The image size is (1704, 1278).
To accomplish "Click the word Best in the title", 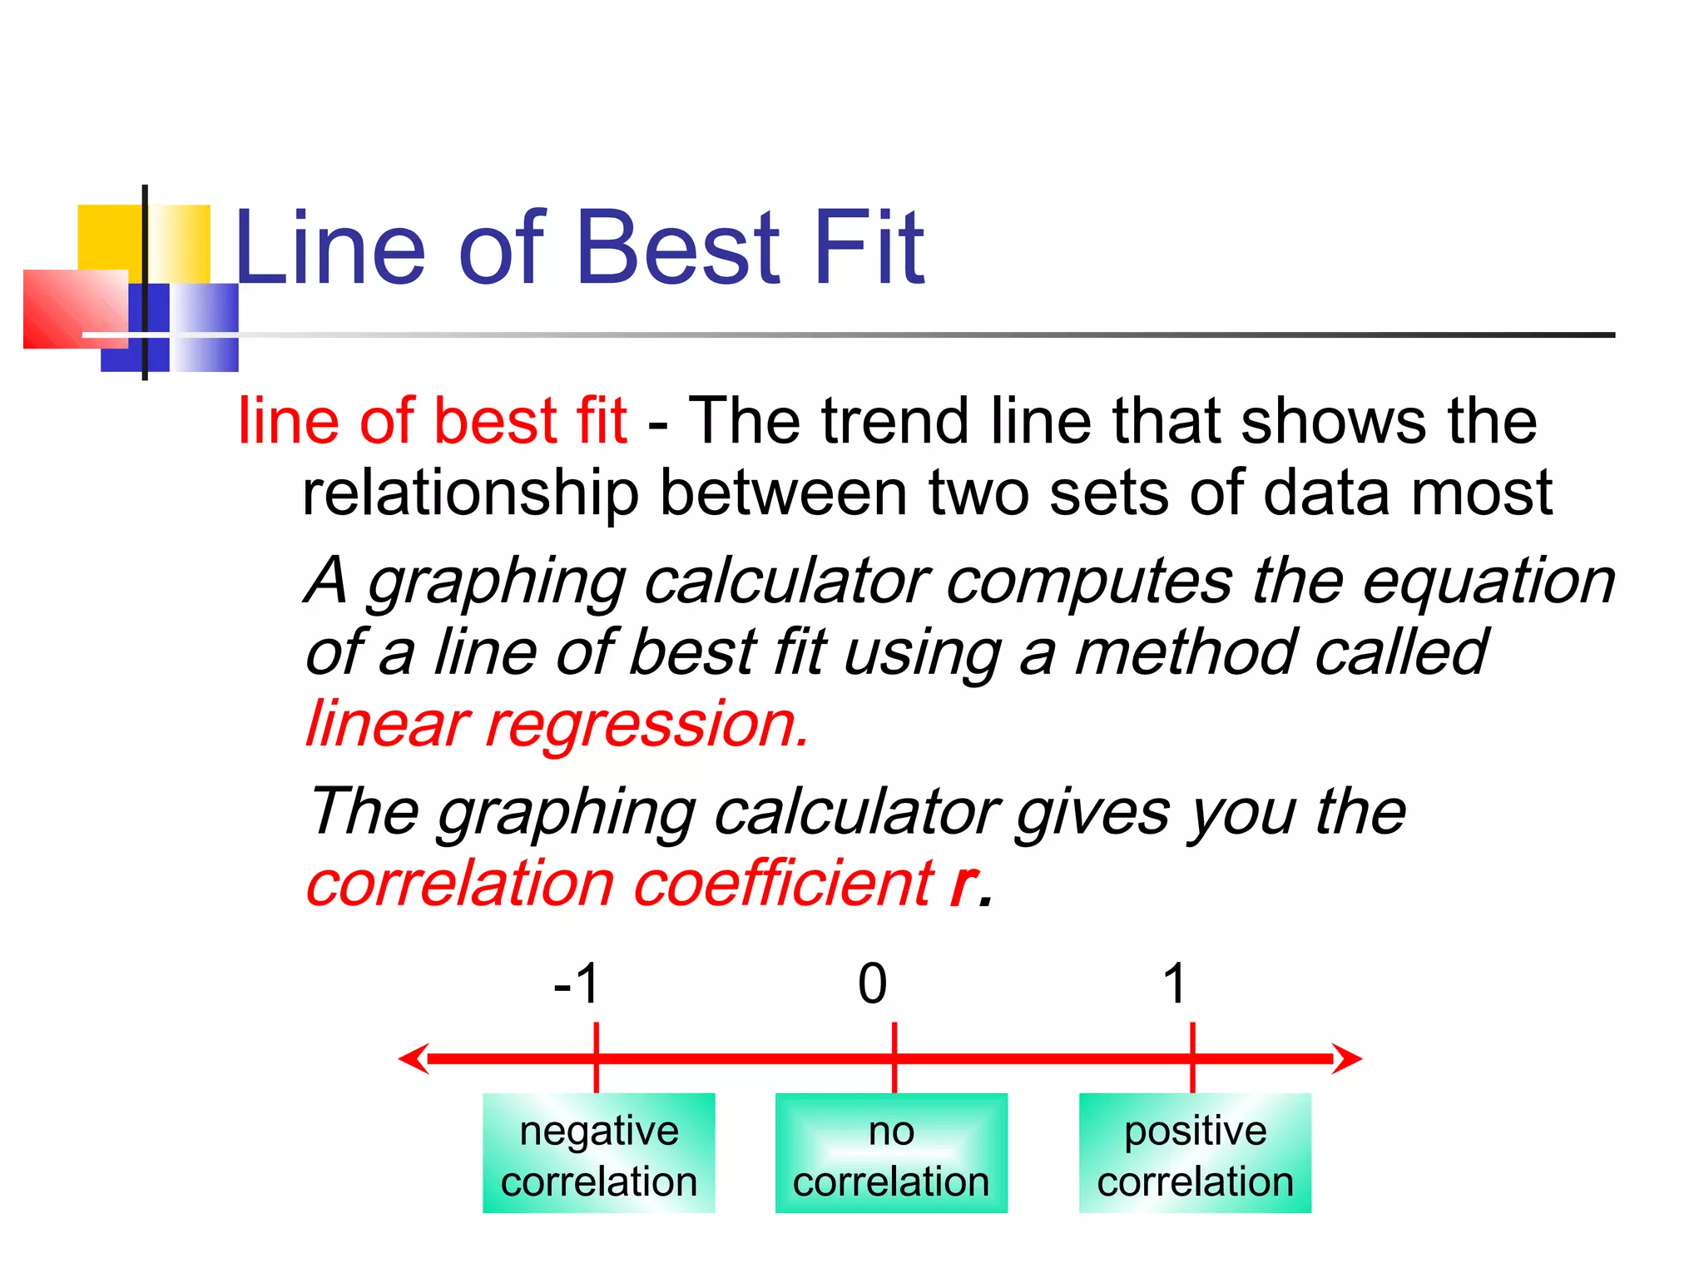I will [677, 248].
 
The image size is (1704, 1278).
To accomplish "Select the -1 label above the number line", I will [577, 983].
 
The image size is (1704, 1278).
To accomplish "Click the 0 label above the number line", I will [873, 983].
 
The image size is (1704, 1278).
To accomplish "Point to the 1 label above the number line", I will [1174, 983].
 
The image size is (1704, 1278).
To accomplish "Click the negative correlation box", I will [598, 1153].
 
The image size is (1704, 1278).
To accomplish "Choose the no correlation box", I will [891, 1153].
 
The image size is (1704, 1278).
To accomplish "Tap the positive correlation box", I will [1195, 1153].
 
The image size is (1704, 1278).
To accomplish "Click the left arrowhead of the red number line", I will [414, 1058].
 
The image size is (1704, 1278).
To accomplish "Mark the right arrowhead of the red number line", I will [1348, 1058].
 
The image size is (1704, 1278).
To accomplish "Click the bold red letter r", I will [963, 884].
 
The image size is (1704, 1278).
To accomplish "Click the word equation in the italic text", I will [1489, 581].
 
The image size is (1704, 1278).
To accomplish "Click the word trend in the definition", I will [897, 421].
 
